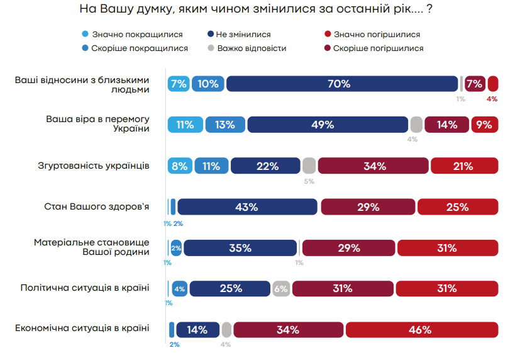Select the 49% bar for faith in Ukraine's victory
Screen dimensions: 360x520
point(322,125)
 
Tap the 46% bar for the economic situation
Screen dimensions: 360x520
point(421,330)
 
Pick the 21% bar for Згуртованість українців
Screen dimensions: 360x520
point(464,166)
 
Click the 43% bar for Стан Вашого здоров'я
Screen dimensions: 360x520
point(247,207)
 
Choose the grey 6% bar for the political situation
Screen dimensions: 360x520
point(280,289)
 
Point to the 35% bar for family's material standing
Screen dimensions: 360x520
point(240,248)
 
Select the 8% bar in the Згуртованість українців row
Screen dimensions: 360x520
point(180,166)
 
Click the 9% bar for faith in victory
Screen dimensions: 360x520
point(484,125)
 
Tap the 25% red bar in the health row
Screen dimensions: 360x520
point(457,207)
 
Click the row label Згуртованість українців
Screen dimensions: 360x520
point(94,166)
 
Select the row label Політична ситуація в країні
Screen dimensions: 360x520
point(85,288)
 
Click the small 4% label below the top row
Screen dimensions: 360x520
point(492,99)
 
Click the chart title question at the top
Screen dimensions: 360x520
point(260,10)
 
